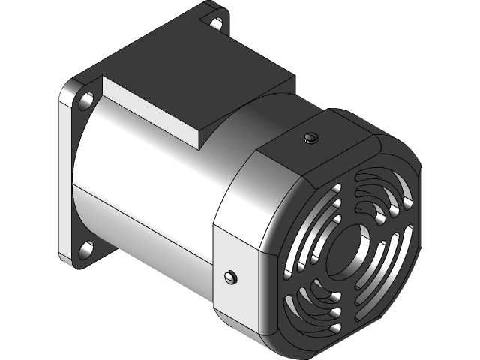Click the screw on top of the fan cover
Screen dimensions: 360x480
(313, 137)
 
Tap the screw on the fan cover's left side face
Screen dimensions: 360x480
(230, 277)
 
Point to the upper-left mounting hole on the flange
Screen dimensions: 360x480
(86, 99)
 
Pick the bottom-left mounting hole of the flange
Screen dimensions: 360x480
(86, 247)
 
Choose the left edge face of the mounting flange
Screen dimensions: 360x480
(66, 172)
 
